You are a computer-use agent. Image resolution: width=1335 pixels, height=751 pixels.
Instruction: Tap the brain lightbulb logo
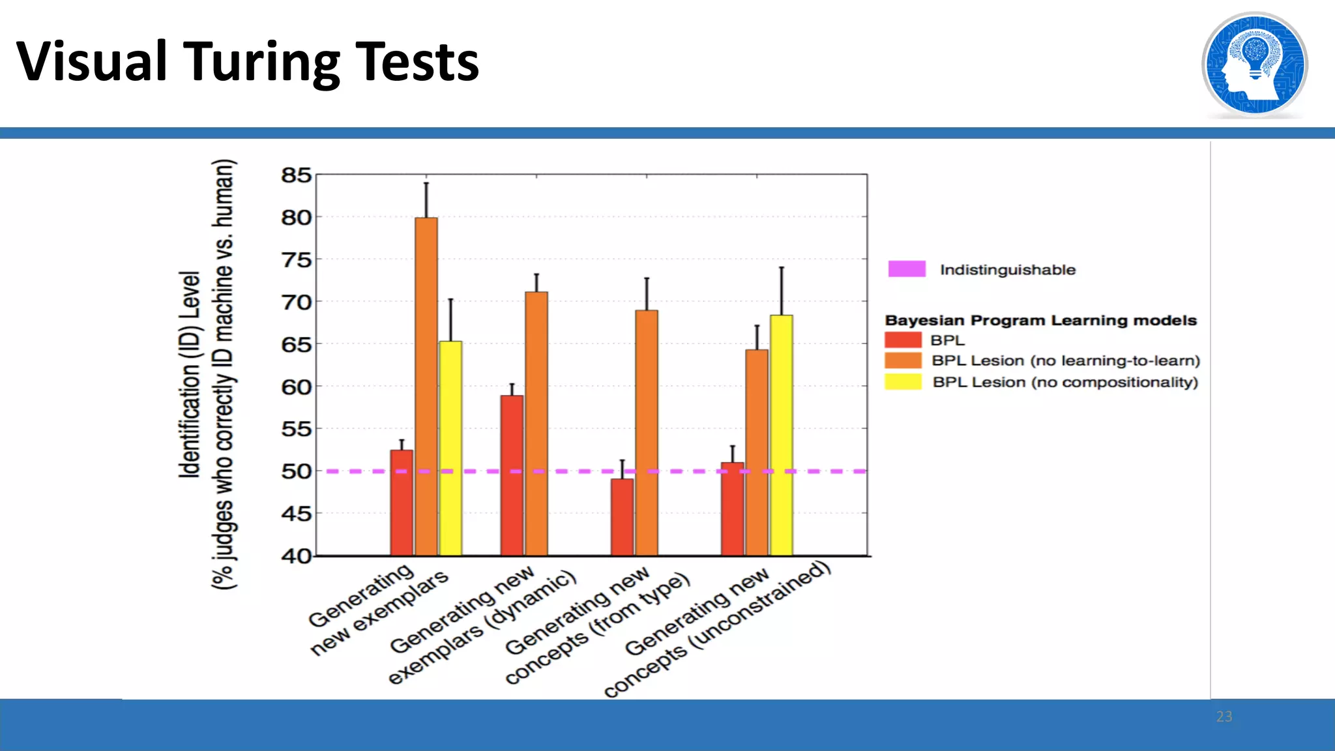tap(1254, 65)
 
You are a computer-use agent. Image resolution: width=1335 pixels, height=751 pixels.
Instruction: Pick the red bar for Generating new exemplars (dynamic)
tap(512, 475)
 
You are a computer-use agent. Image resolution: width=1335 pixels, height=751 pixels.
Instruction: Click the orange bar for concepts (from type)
tap(647, 433)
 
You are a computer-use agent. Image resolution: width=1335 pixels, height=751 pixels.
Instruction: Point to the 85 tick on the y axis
tap(296, 175)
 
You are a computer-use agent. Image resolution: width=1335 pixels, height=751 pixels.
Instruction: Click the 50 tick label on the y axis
tap(296, 471)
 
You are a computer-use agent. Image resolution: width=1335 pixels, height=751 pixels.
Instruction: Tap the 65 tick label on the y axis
tap(296, 344)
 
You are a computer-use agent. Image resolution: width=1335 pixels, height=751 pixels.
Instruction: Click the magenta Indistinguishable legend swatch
tap(906, 269)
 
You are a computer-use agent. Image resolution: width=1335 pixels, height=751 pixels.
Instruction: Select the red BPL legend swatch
tap(903, 340)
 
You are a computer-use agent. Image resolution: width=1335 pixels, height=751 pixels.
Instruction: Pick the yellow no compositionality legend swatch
tap(903, 381)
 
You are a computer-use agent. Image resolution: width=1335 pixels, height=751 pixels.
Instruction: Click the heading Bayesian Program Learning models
tap(1040, 320)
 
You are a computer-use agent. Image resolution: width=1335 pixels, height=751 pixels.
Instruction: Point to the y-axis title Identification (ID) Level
tap(190, 375)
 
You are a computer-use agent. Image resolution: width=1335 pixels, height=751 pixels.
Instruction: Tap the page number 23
tap(1224, 716)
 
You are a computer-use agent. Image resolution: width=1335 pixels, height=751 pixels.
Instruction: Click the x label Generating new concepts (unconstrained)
tap(717, 629)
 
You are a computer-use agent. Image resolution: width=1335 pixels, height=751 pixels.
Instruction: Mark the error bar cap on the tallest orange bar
tap(426, 183)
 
